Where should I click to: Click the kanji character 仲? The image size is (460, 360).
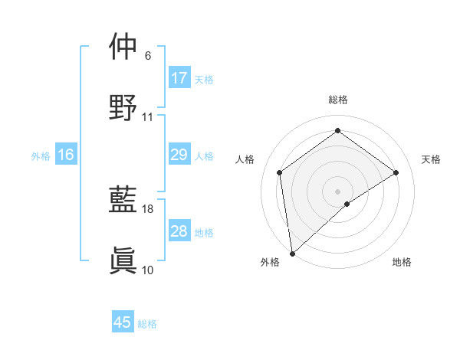point(123,47)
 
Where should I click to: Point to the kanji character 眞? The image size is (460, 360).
point(123,260)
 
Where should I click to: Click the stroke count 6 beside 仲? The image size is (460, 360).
point(148,56)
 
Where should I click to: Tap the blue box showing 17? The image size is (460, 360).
point(179,78)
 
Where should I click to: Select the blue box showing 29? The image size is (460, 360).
point(179,155)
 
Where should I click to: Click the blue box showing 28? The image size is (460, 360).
point(179,231)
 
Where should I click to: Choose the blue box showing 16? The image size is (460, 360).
point(66,155)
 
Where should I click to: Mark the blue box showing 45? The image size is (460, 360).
point(123,322)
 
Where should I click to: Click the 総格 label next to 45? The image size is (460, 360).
point(147,324)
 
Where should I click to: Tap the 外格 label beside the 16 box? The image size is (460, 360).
point(41,155)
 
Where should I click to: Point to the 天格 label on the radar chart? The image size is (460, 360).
point(431,159)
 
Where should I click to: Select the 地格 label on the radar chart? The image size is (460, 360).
point(402,262)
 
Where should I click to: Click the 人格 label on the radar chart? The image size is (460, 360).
point(245,159)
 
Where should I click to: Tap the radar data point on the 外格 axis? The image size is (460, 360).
point(291,253)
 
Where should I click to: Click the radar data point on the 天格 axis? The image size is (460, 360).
point(396,172)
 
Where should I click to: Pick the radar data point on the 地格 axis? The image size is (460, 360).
point(347,204)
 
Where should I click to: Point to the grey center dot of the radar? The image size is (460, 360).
point(337,190)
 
